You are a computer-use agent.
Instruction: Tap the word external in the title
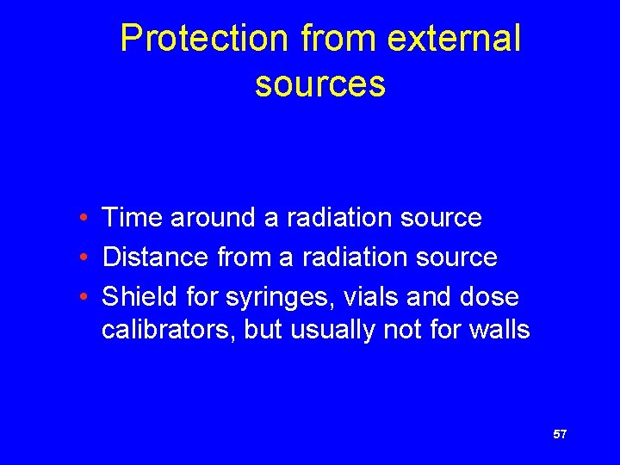pos(455,39)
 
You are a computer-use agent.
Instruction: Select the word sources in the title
pos(319,84)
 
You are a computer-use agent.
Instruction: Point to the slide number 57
pos(560,435)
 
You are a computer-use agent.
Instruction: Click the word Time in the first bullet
pos(133,218)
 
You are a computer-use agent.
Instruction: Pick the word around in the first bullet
pos(214,218)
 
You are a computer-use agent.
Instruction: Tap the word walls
pos(500,330)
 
